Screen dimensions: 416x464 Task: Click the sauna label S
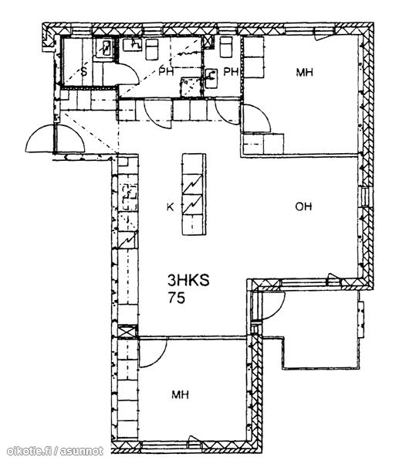(x=84, y=72)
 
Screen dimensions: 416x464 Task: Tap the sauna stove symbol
(x=105, y=48)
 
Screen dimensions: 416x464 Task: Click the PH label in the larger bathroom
(x=166, y=71)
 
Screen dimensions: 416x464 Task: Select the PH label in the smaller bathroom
(x=230, y=72)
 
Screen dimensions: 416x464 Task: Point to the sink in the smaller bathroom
(x=211, y=78)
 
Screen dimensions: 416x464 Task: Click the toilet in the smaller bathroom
(x=226, y=47)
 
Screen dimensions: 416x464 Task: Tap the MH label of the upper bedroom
(x=304, y=73)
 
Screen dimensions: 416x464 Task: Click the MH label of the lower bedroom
(x=180, y=394)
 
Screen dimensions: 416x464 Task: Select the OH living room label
(x=303, y=206)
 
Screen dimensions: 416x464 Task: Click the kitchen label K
(x=170, y=206)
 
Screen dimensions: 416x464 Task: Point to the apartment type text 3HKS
(x=188, y=280)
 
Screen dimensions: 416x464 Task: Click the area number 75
(x=177, y=298)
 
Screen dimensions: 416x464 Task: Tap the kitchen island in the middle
(x=194, y=194)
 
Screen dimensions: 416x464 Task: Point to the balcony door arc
(x=278, y=311)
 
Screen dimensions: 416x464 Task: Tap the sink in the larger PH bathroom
(x=132, y=45)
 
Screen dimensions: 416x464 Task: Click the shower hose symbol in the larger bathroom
(x=187, y=53)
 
